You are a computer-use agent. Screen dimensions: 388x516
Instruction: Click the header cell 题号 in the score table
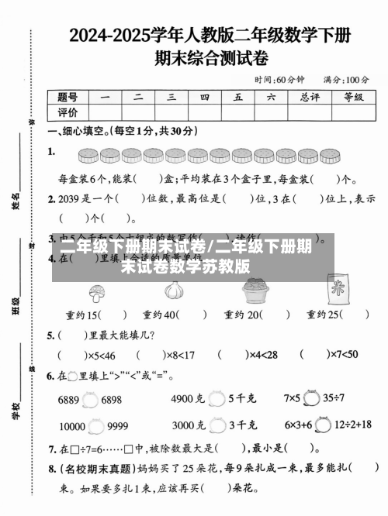pyautogui.click(x=68, y=97)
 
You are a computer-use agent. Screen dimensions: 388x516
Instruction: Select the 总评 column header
pyautogui.click(x=310, y=97)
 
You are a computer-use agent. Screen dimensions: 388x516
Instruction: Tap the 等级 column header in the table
pyautogui.click(x=353, y=97)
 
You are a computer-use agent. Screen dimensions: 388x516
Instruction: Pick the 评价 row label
pyautogui.click(x=68, y=112)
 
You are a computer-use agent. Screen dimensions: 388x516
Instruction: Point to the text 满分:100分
pyautogui.click(x=346, y=80)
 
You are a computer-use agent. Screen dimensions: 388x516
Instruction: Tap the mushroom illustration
pyautogui.click(x=97, y=292)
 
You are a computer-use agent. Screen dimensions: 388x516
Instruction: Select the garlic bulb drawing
pyautogui.click(x=174, y=291)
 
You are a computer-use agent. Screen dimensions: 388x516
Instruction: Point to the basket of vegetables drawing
pyautogui.click(x=254, y=291)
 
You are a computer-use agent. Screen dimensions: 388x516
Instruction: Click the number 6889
pyautogui.click(x=68, y=400)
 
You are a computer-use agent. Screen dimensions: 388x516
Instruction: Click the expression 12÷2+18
pyautogui.click(x=352, y=425)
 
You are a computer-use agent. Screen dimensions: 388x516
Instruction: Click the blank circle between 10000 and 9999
pyautogui.click(x=96, y=425)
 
